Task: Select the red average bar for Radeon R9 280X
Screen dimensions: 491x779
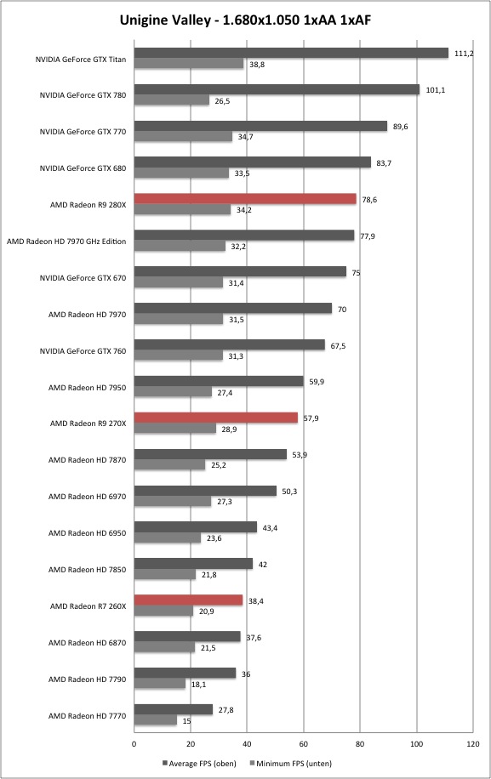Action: (x=245, y=199)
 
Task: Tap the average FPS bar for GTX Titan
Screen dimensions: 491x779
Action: (x=291, y=53)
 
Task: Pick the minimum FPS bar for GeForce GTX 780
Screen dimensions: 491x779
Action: (x=172, y=100)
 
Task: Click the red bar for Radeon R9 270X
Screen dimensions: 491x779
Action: (x=216, y=418)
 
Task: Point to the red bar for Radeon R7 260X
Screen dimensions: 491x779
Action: (x=188, y=600)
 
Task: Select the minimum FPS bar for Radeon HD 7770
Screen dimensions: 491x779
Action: (x=156, y=720)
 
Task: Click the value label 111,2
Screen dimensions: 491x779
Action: (x=464, y=54)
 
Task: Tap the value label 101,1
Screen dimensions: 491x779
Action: (x=436, y=90)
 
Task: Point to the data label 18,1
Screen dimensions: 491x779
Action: (x=199, y=685)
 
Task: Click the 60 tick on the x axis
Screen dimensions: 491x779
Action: (x=303, y=744)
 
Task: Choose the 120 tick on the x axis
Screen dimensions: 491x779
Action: (x=473, y=744)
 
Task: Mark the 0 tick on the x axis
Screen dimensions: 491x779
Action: (x=134, y=744)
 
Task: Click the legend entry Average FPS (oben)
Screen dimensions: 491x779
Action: (x=199, y=764)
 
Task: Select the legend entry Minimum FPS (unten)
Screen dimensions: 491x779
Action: (x=291, y=764)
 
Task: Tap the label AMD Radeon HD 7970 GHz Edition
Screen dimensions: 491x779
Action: (x=66, y=242)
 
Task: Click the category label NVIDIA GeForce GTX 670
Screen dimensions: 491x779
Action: (x=83, y=278)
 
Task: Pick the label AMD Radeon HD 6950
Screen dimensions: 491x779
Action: (x=87, y=533)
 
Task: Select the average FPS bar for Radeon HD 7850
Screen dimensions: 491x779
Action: (x=193, y=564)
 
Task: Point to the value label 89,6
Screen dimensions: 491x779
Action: (x=401, y=127)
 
